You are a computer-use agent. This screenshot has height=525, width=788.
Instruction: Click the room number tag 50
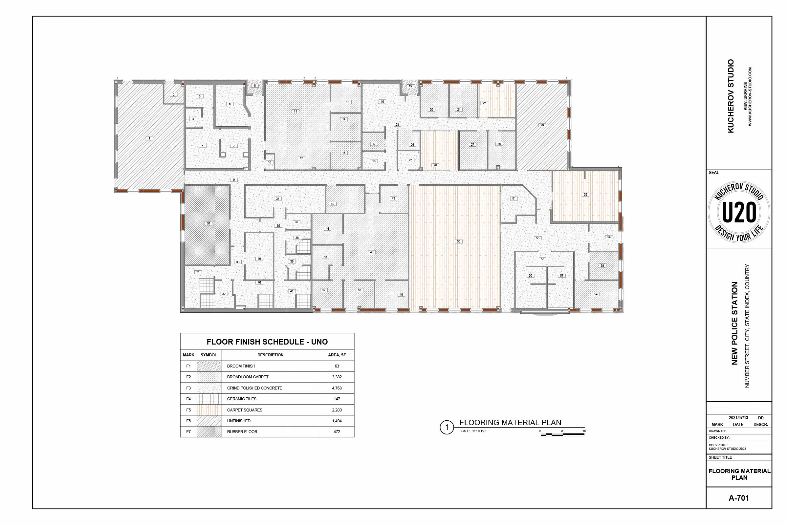[x=459, y=241]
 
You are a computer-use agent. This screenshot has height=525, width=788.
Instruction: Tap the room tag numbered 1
[x=149, y=138]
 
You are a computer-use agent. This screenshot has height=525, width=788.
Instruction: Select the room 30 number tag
[x=208, y=223]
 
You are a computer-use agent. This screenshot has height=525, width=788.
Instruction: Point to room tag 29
[x=542, y=125]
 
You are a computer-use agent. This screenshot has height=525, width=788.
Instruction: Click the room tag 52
[x=585, y=194]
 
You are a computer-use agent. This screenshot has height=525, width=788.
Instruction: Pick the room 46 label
[x=372, y=252]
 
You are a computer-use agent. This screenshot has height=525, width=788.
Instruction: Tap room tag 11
[x=295, y=111]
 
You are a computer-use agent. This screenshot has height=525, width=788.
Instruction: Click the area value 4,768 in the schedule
[x=337, y=388]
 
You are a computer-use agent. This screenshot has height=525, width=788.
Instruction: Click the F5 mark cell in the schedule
[x=188, y=410]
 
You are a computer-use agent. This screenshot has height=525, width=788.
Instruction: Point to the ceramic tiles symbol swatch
[x=209, y=399]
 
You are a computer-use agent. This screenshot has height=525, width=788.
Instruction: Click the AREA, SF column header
[x=337, y=355]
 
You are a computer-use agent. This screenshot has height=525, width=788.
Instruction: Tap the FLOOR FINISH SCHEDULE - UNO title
[x=267, y=342]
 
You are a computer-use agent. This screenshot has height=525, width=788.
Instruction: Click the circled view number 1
[x=446, y=428]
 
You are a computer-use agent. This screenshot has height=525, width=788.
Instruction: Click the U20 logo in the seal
[x=739, y=212]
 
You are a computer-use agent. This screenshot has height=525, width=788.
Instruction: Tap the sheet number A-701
[x=739, y=498]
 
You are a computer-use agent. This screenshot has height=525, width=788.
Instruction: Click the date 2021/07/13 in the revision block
[x=738, y=418]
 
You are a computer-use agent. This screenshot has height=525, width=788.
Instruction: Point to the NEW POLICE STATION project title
[x=734, y=324]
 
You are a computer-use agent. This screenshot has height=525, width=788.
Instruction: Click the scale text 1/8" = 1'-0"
[x=479, y=431]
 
